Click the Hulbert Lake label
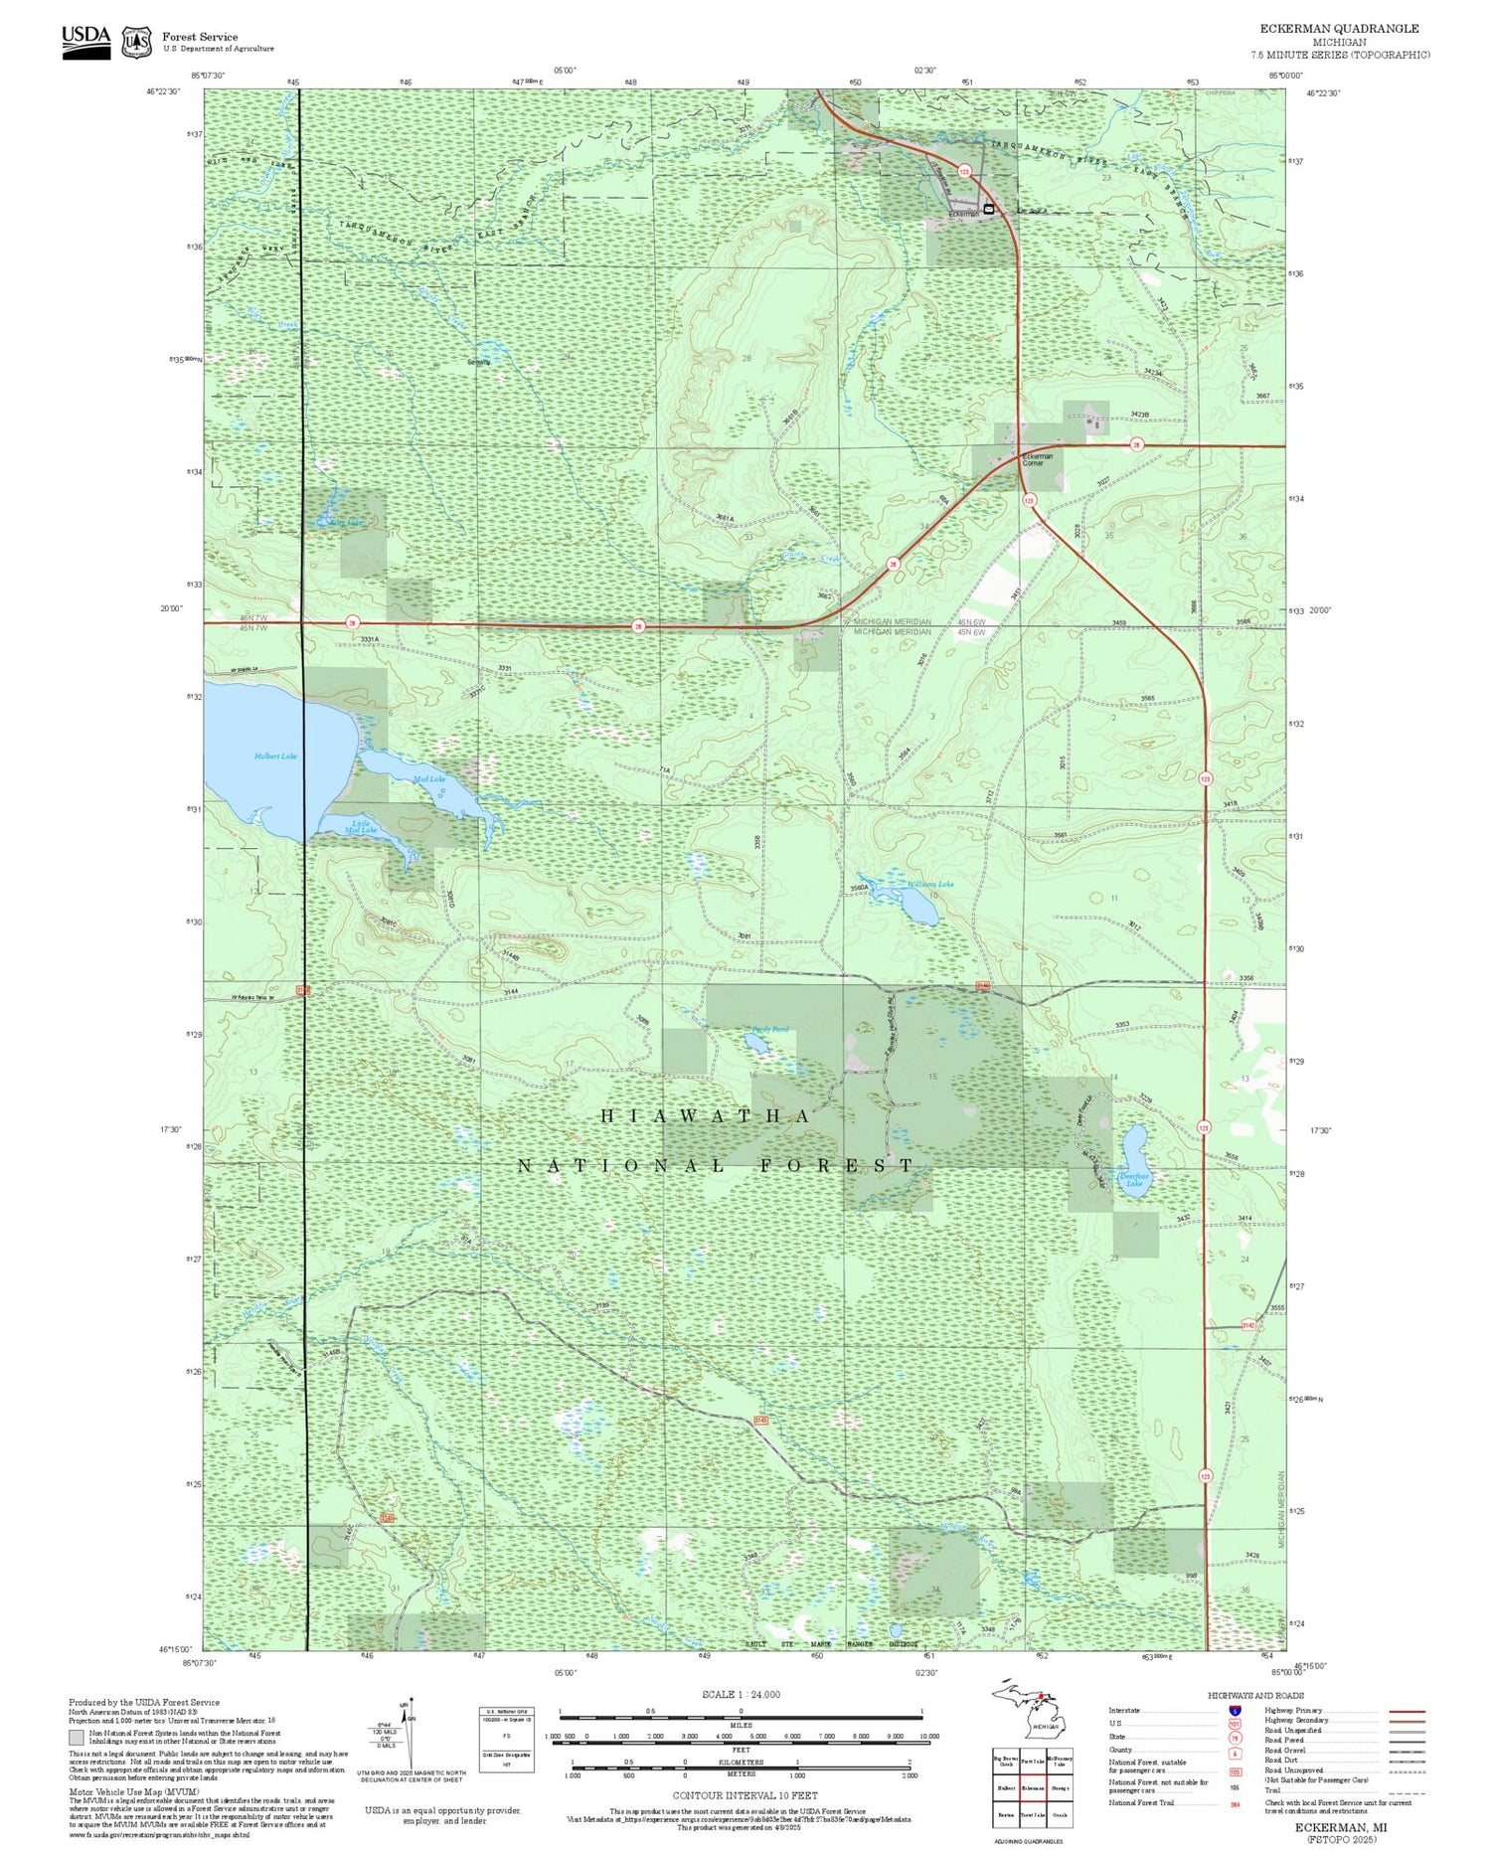tap(275, 757)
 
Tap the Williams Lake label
tap(930, 884)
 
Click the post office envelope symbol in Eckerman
tap(988, 209)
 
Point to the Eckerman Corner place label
tap(1038, 460)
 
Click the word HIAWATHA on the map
tap(706, 1116)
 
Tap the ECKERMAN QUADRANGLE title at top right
tap(1339, 29)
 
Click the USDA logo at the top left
tap(86, 42)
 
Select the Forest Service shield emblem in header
tap(136, 43)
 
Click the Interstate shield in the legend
tap(1234, 1711)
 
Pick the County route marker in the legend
tap(1234, 1754)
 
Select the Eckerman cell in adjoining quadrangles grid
tap(1033, 1787)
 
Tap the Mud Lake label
tap(429, 779)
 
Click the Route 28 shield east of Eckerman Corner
tap(1137, 444)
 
